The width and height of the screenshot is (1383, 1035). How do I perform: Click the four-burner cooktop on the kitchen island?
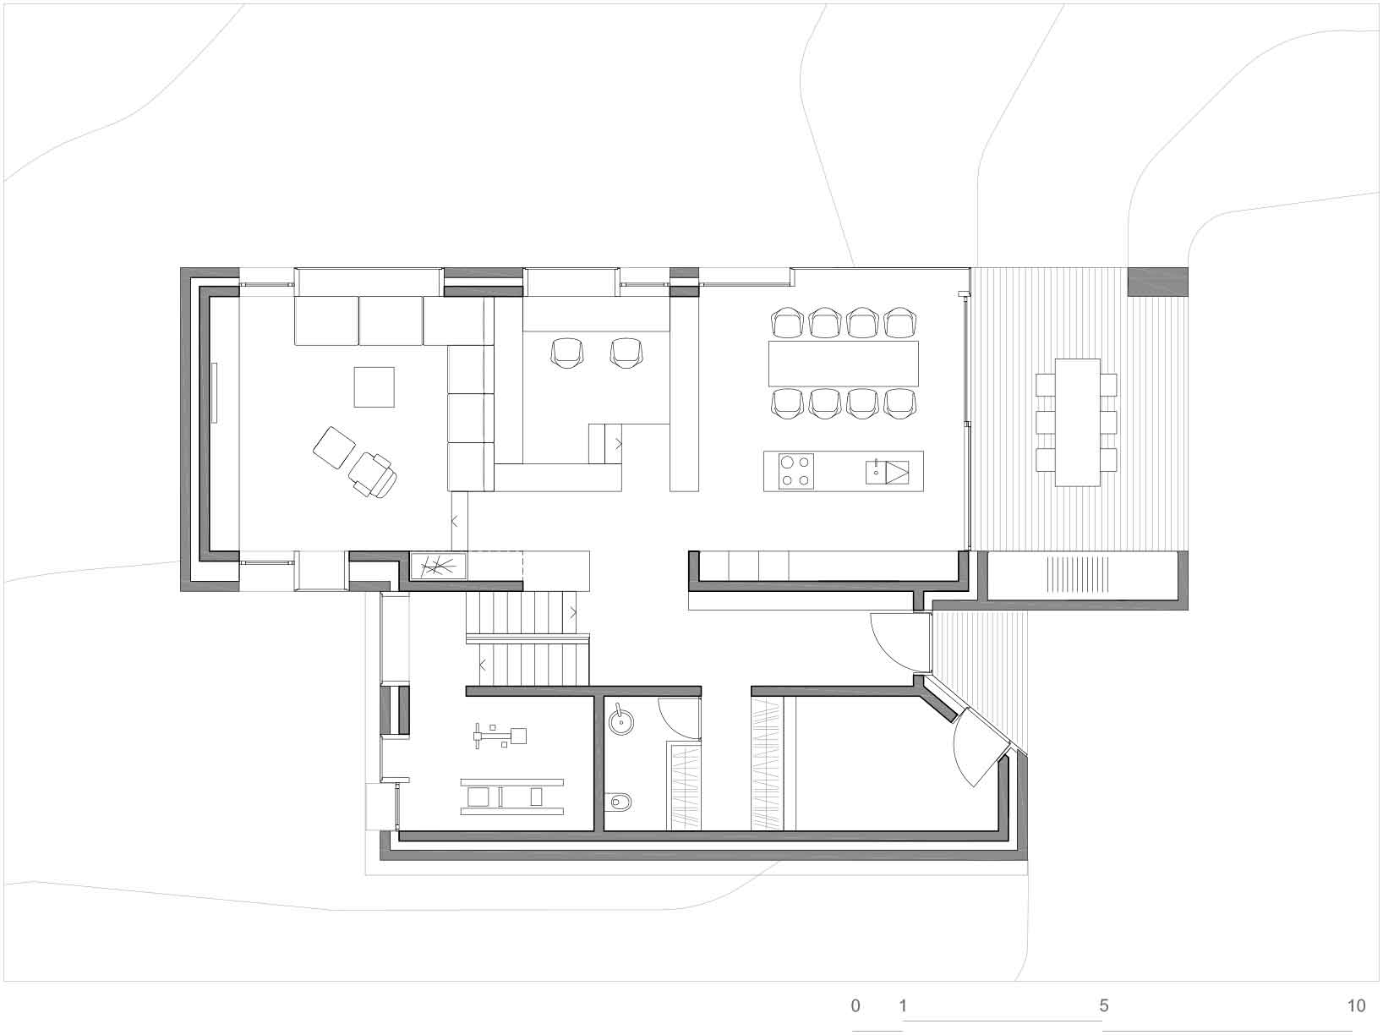[x=795, y=471]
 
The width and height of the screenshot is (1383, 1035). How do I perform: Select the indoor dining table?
[x=843, y=364]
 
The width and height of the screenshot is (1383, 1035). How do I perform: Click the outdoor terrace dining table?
[x=1078, y=422]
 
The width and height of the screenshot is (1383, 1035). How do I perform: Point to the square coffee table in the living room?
[x=374, y=386]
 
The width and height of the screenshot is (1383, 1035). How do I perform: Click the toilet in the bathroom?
[x=620, y=802]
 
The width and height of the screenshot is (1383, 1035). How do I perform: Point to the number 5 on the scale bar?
[x=1104, y=1005]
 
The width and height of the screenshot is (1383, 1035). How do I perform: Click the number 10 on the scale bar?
[x=1356, y=1005]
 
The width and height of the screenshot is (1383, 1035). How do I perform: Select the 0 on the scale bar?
[x=855, y=1005]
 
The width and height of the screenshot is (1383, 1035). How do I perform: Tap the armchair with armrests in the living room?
[x=373, y=474]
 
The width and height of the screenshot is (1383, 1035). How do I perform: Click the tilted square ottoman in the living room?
[x=335, y=447]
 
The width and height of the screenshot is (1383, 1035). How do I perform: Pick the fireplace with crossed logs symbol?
[x=438, y=566]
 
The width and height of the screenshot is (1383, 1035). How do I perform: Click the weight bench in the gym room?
[x=511, y=797]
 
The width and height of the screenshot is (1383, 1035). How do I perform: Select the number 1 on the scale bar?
[x=903, y=1005]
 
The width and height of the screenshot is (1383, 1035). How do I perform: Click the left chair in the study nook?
[x=567, y=352]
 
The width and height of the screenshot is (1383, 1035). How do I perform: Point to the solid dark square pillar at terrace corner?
[x=1157, y=282]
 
